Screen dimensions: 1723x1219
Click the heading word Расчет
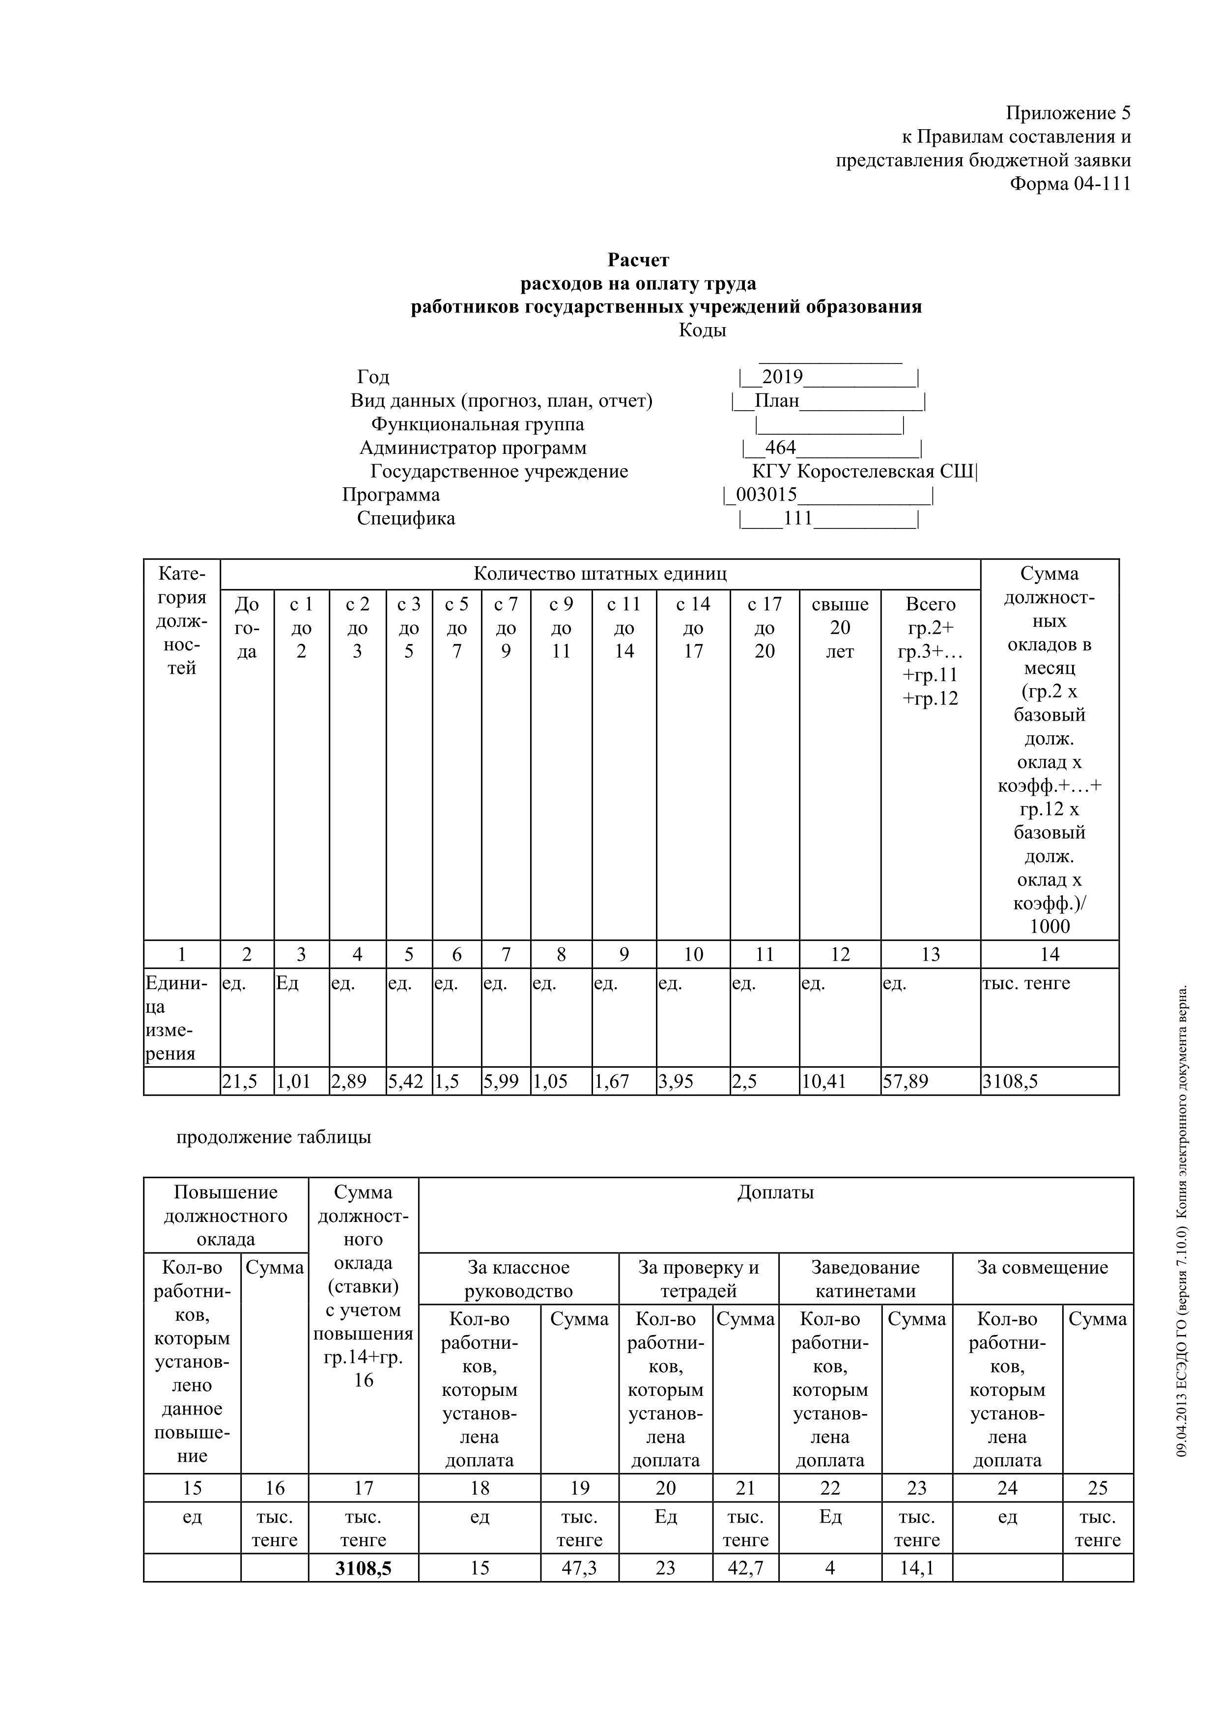point(638,260)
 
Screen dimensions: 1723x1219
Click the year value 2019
point(782,377)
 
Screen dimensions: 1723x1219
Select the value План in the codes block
point(777,401)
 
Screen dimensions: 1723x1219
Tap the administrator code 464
point(781,448)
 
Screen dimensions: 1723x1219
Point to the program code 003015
point(766,495)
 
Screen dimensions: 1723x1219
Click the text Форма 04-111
point(1070,184)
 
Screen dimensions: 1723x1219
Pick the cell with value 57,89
point(906,1082)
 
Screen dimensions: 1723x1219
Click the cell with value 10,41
point(824,1082)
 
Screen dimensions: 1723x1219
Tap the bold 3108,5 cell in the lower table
point(363,1568)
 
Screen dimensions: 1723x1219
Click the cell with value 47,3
point(579,1568)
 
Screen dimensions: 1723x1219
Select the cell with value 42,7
point(745,1568)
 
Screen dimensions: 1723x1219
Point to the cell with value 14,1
point(916,1568)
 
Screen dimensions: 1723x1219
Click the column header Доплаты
point(775,1192)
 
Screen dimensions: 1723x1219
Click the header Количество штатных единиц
point(600,574)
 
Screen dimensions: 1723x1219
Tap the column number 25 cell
point(1098,1488)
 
